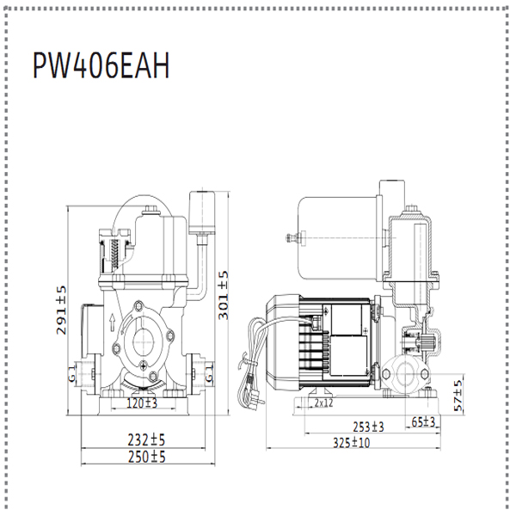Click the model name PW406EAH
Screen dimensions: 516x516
pos(101,66)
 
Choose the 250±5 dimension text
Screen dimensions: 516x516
pos(144,456)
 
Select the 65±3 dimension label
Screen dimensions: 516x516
pos(424,422)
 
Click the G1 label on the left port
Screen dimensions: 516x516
pos(73,375)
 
